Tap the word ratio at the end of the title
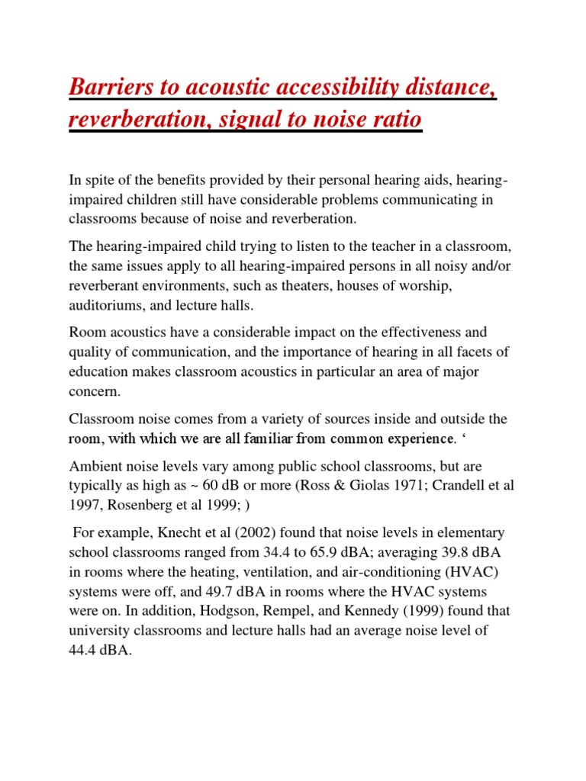coord(394,121)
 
